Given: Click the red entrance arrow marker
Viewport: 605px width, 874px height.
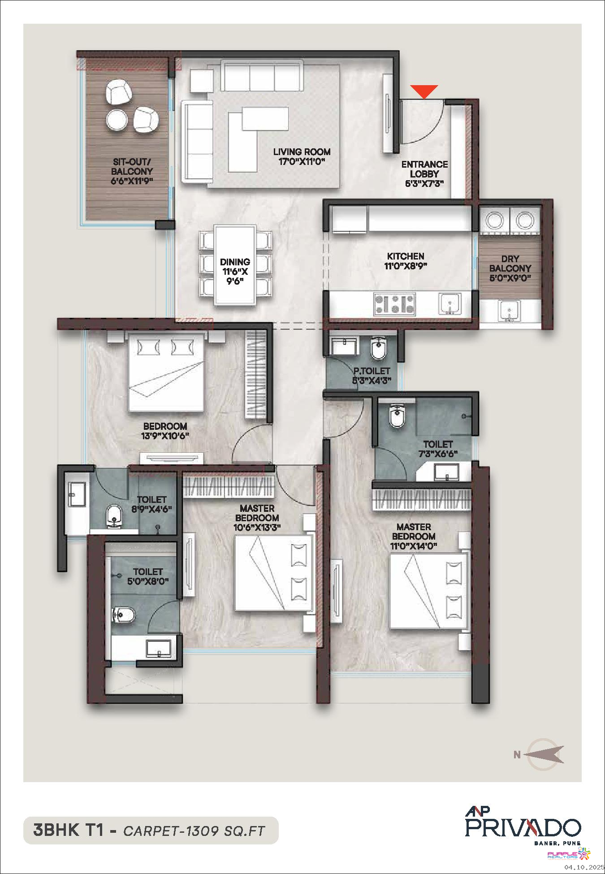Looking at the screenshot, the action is tap(424, 91).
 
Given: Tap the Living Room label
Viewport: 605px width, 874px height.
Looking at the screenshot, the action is tap(302, 156).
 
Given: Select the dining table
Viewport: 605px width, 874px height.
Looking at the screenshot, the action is tap(235, 265).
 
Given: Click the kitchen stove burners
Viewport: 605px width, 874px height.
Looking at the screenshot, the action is tap(394, 303).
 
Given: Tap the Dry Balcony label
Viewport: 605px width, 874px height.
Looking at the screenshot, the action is tap(510, 268).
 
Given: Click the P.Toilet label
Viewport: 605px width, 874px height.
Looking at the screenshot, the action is tap(372, 376).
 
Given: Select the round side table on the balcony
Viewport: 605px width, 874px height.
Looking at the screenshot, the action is tap(117, 120).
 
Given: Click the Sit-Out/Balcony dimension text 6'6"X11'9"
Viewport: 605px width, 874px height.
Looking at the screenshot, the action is tap(132, 181).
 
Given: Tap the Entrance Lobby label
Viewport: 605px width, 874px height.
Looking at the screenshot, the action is tap(424, 173).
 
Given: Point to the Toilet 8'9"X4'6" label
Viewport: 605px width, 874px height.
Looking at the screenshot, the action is tap(151, 504).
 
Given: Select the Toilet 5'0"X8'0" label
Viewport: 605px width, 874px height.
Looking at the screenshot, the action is tap(148, 576).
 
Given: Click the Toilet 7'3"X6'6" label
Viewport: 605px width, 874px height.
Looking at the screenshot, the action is tap(438, 449).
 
